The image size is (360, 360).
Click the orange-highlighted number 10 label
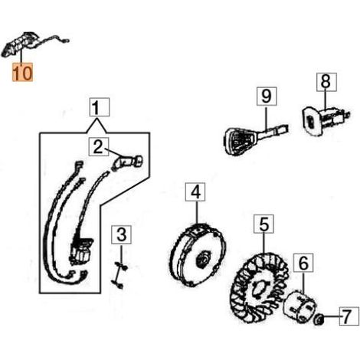tap(22, 72)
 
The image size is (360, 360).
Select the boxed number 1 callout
tap(100, 107)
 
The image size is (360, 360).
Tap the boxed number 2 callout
tap(99, 147)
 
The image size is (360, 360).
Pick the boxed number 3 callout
tap(121, 234)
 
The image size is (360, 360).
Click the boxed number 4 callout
tap(195, 192)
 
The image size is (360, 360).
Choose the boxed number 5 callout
tap(263, 224)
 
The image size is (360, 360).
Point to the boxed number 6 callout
tap(303, 263)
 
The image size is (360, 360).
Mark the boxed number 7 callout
tap(349, 316)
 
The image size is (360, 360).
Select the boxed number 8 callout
tap(327, 82)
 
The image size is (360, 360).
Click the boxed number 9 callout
tap(267, 96)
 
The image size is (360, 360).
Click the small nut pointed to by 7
tap(319, 319)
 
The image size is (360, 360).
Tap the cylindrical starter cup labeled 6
tap(300, 306)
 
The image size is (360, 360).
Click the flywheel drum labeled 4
tap(198, 255)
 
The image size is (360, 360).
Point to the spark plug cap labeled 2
tap(127, 162)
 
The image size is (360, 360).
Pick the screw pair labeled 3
tap(120, 275)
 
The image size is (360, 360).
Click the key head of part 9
tap(240, 141)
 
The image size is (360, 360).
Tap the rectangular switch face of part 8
tap(312, 122)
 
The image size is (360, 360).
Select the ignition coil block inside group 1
tap(80, 250)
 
